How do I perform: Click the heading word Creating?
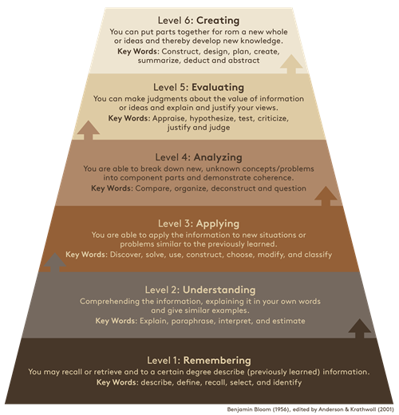218,21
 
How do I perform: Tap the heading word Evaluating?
218,88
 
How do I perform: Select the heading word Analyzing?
218,157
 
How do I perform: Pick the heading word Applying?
218,224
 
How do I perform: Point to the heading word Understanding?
219,290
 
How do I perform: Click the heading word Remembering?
217,361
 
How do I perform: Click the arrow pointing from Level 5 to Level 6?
291,64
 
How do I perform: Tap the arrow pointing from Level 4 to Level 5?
89,130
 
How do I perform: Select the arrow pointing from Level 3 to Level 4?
326,196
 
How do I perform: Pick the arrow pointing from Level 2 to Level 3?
55,263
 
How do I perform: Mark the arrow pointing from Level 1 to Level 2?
359,328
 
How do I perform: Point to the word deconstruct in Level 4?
233,188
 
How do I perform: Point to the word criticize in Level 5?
273,118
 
